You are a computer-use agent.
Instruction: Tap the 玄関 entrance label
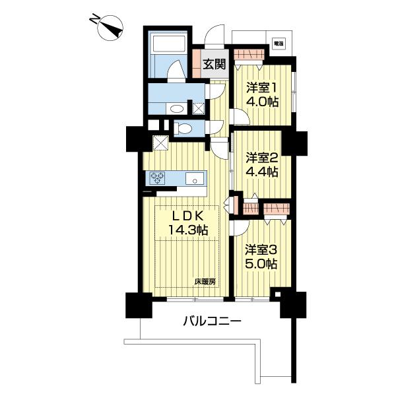point(213,65)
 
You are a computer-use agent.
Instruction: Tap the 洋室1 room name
point(262,88)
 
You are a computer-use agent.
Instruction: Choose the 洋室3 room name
point(261,250)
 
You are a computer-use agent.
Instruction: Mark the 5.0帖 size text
point(261,264)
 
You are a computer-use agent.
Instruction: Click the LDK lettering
point(190,216)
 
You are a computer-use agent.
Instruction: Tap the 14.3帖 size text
point(190,231)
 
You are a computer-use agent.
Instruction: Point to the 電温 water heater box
point(279,44)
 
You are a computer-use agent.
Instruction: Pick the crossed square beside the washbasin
point(198,108)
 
